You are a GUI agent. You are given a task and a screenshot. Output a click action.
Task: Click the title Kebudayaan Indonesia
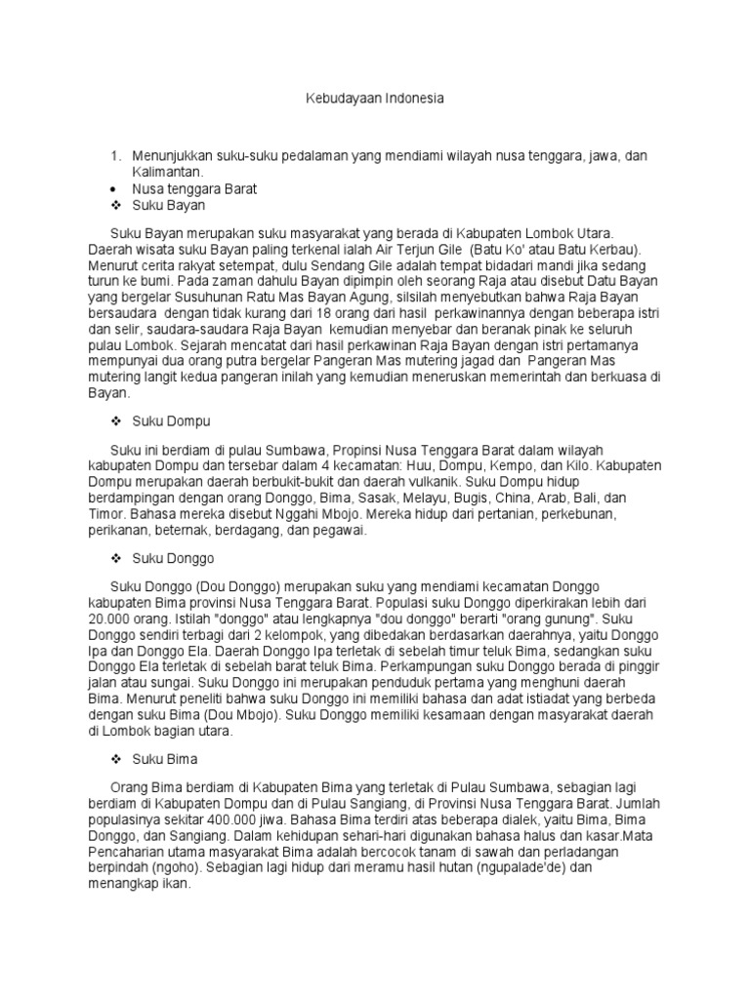374,99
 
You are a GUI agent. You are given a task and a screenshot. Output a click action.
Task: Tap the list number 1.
115,156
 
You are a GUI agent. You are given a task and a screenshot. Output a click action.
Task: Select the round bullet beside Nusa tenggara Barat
115,189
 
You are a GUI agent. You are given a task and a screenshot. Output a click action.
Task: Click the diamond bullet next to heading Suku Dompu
115,420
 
